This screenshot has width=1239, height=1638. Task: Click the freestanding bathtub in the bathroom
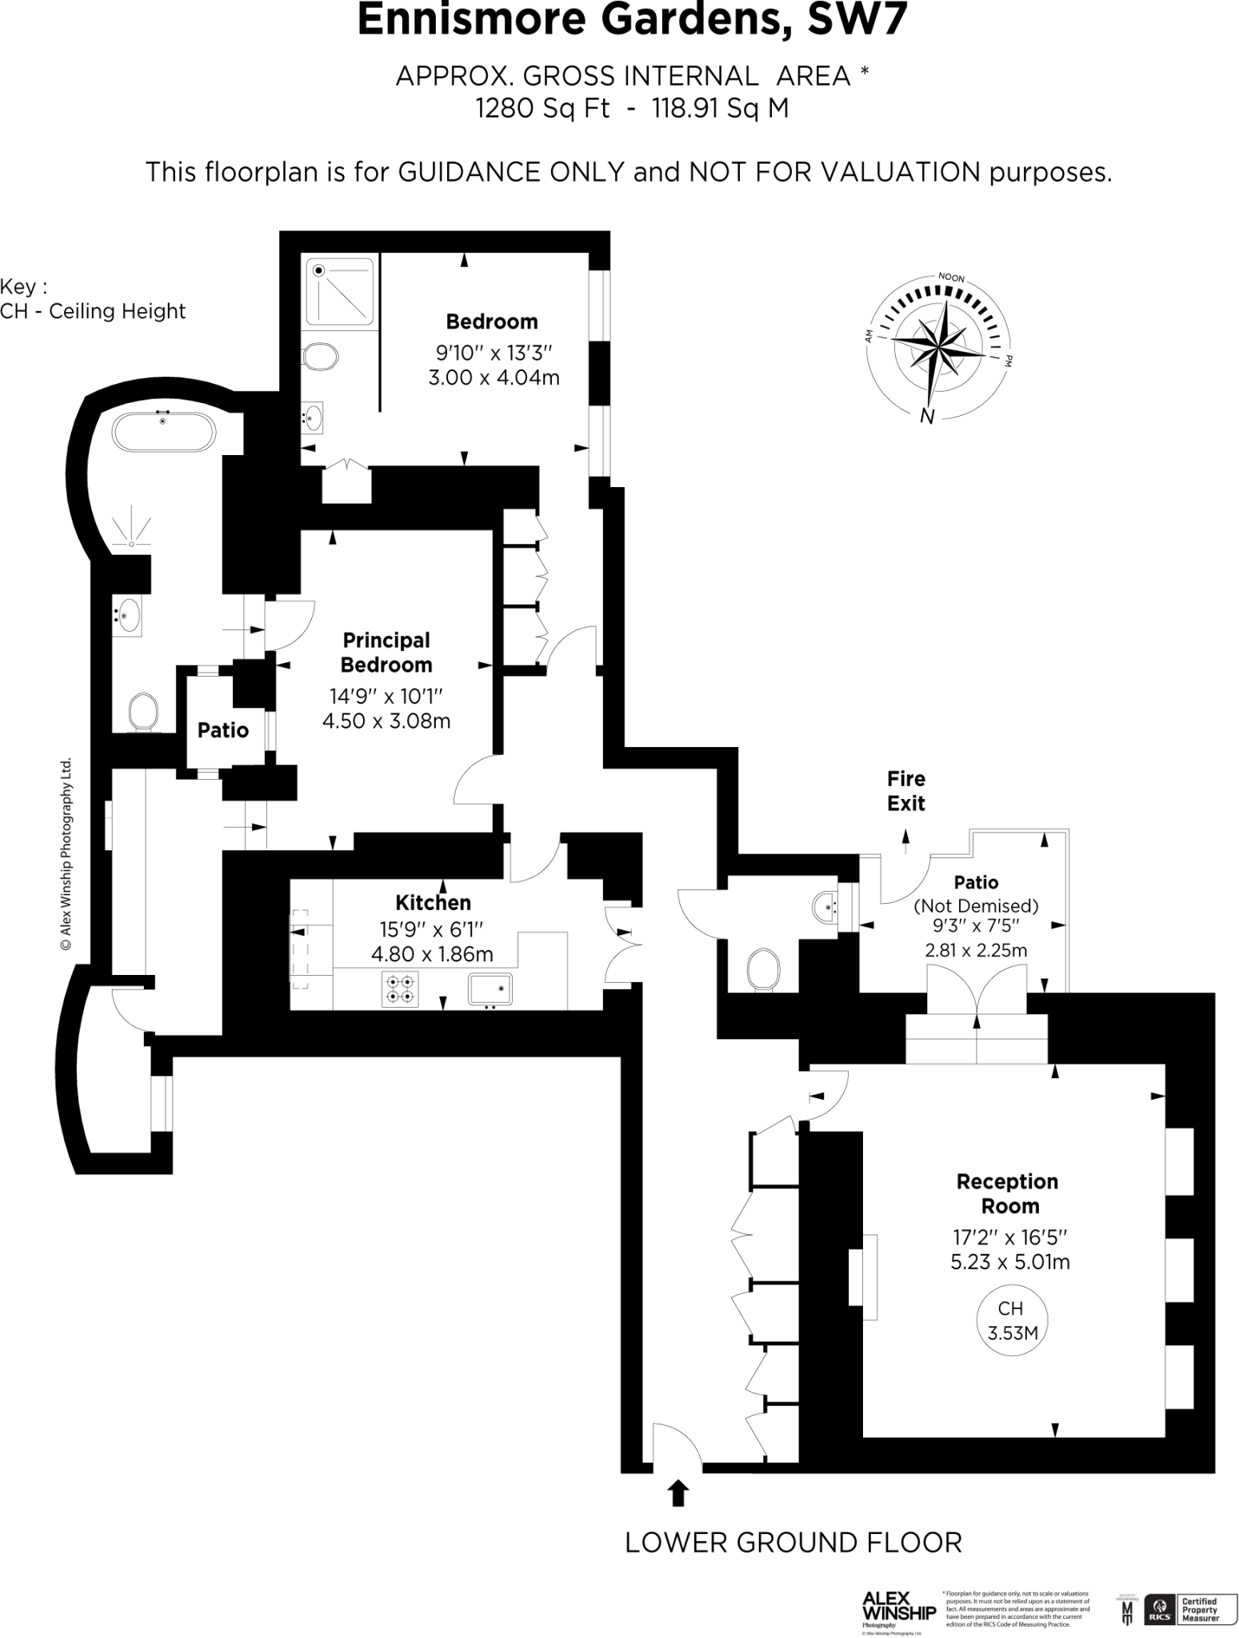(164, 433)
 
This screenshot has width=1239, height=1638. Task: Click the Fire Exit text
(905, 790)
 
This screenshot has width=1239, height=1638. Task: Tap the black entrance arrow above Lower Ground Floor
(677, 1493)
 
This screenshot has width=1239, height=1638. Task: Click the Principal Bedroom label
(386, 652)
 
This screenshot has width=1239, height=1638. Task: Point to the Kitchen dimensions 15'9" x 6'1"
(432, 929)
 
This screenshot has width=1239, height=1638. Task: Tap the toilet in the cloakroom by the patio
(763, 969)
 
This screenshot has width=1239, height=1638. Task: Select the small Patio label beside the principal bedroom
(223, 729)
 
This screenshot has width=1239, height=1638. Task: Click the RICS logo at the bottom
(1160, 1608)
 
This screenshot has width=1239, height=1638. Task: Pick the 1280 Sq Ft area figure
(542, 107)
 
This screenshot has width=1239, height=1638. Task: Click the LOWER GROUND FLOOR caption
(793, 1542)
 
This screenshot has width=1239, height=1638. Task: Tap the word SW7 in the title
(857, 20)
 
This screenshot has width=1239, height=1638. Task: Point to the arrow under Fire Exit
(905, 837)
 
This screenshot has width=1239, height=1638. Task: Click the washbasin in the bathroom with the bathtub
(127, 615)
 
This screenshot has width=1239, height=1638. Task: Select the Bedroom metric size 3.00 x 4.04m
(494, 377)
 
